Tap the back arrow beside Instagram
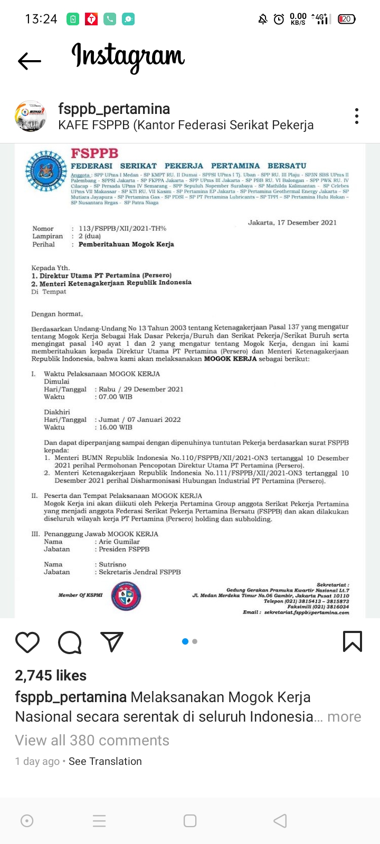click(30, 61)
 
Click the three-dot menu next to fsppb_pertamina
click(357, 116)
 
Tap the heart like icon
click(27, 642)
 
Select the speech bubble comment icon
click(70, 642)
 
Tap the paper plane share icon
click(112, 641)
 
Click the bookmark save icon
click(352, 641)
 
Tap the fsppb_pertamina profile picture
click(31, 116)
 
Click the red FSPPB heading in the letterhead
click(94, 154)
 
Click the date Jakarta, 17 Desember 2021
click(292, 223)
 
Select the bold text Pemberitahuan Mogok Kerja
click(126, 244)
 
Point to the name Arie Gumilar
click(119, 542)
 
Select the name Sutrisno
click(112, 564)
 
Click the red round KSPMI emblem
click(126, 596)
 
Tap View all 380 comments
click(92, 741)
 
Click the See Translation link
click(105, 761)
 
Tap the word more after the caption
click(344, 717)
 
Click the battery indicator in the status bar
click(347, 19)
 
